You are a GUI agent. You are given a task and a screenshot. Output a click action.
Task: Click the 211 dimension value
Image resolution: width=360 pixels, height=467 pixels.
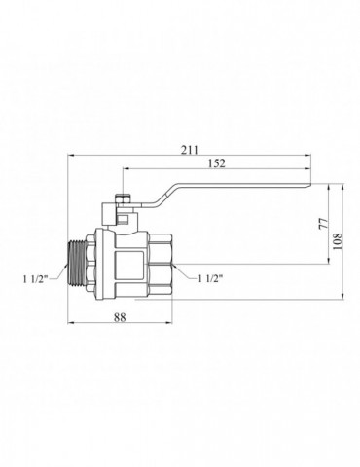tap(189, 150)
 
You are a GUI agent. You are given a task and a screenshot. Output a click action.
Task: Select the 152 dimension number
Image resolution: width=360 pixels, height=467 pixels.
tap(217, 163)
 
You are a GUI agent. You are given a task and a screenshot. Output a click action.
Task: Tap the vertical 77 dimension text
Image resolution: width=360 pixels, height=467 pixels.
tap(324, 224)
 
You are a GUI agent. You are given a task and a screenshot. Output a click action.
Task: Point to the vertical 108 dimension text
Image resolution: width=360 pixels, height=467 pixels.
tap(338, 240)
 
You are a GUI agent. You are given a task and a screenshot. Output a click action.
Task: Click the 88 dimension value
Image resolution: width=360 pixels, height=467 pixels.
tap(120, 317)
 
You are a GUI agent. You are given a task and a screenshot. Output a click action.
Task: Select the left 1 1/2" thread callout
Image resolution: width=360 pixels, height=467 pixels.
tap(36, 278)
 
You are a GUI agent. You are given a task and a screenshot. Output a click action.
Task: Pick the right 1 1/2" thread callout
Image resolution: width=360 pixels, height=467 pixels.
tap(210, 278)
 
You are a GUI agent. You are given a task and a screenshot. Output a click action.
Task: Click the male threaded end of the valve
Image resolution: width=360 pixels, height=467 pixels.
tap(77, 264)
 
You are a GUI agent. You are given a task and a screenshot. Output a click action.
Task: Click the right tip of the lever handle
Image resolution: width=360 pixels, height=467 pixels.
tap(310, 185)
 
